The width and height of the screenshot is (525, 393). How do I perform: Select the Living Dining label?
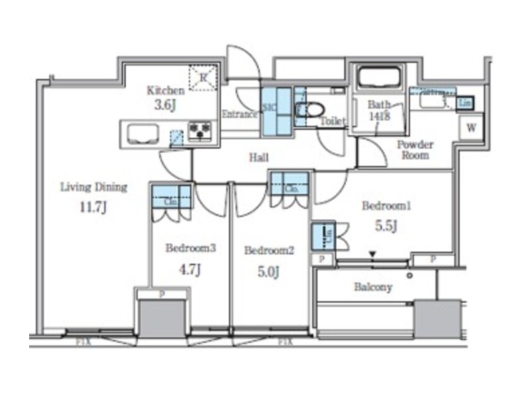pos(93,187)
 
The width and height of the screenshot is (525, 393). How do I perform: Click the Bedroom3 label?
pos(190,248)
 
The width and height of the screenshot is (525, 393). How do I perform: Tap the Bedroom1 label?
pos(386,206)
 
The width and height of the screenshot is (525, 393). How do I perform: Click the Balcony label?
pos(373,287)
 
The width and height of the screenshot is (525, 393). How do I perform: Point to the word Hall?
pos(259,156)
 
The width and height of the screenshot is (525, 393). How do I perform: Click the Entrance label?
pos(239,114)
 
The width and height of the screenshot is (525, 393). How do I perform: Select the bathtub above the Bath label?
pos(376,78)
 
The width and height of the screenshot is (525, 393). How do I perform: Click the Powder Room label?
pos(415,149)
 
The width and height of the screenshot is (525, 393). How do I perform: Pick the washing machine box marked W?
pos(472,127)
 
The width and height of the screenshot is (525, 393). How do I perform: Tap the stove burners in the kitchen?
pos(199,131)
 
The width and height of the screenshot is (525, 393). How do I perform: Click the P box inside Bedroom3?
pos(163,293)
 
